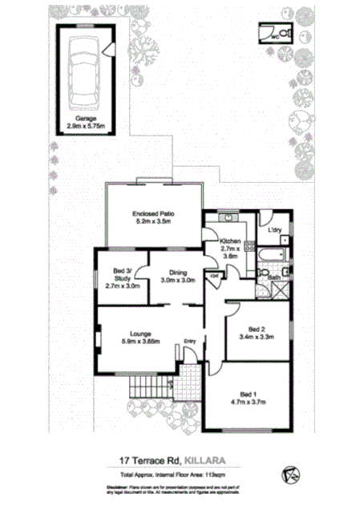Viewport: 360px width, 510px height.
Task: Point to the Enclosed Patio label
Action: click(154, 214)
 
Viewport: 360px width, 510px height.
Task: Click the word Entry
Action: click(190, 342)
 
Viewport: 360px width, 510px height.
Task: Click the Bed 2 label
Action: click(257, 329)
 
